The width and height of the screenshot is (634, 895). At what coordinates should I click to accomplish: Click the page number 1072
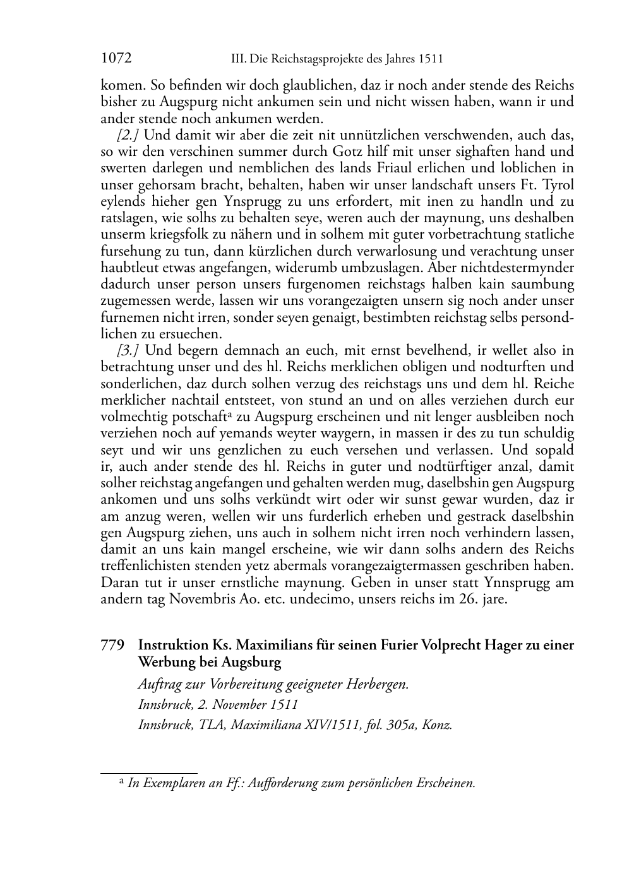point(116,59)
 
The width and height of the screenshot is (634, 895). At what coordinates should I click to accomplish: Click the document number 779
point(112,646)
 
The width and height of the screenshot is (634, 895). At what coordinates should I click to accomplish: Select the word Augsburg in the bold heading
point(251,663)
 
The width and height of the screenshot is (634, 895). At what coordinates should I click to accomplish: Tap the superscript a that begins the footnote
point(122,781)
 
